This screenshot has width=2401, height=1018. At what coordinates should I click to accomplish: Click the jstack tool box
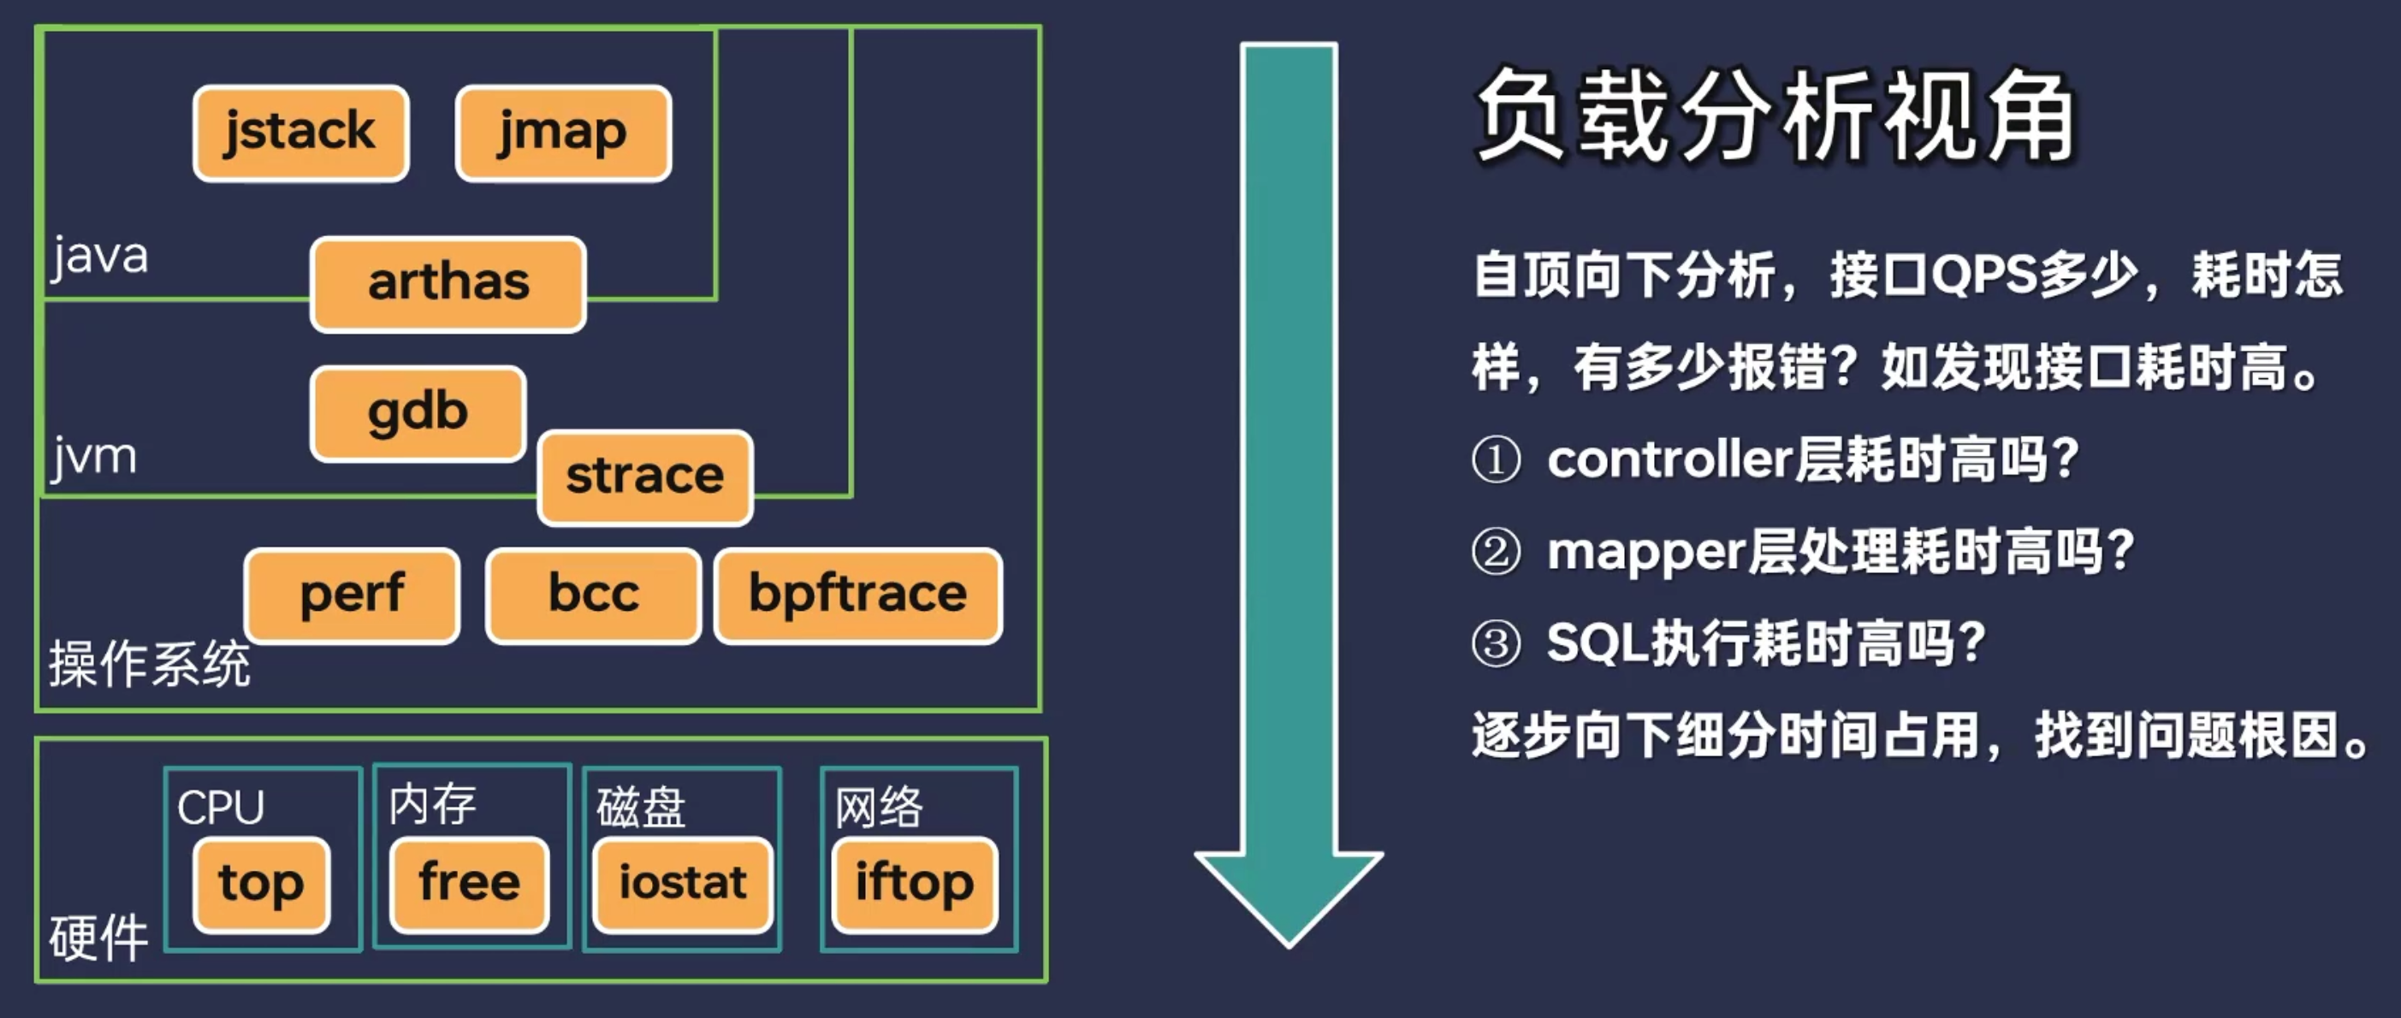300,133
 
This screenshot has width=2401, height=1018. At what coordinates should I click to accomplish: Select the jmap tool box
563,133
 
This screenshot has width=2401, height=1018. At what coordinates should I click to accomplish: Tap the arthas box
448,283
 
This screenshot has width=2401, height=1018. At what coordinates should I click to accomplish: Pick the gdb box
418,413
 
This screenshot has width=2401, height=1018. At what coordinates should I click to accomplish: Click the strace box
645,476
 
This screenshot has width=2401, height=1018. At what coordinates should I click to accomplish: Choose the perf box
352,595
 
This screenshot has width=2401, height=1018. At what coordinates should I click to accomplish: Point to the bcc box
593,595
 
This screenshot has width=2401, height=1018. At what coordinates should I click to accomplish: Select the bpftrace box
857,595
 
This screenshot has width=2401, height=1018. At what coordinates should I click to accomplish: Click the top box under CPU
261,884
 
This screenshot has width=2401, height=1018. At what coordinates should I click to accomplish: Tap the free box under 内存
469,884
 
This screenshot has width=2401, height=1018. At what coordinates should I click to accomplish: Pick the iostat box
682,884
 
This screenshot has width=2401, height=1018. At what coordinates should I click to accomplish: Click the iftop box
915,884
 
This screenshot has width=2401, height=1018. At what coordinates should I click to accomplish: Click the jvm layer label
94,457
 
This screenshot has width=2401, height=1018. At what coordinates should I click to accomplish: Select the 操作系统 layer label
149,664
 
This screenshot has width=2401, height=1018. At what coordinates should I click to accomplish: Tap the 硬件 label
98,936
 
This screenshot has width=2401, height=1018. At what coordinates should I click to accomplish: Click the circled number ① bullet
1496,459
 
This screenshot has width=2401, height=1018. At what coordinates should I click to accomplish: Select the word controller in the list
1669,459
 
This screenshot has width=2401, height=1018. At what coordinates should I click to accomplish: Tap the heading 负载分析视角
1775,116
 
